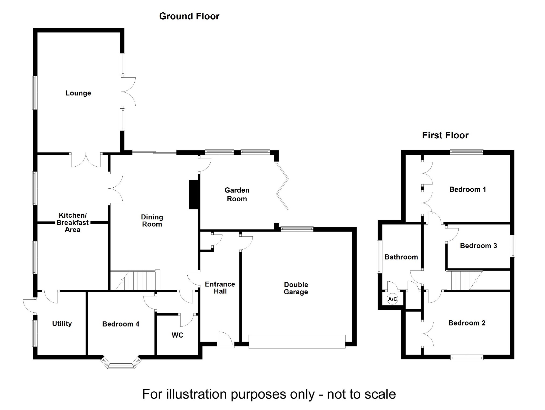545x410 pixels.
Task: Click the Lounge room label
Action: click(x=78, y=93)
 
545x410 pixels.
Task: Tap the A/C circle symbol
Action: click(x=392, y=299)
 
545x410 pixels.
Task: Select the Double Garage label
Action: click(x=296, y=288)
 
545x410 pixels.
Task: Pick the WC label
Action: click(x=177, y=335)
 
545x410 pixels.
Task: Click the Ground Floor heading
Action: click(x=189, y=16)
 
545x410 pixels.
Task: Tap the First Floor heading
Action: click(x=445, y=135)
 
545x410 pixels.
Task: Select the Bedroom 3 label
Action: click(x=478, y=246)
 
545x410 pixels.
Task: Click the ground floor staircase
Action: click(x=137, y=280)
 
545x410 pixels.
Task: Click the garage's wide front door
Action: click(x=297, y=342)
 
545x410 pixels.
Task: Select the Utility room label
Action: click(x=62, y=324)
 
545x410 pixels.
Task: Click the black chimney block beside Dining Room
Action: click(x=194, y=194)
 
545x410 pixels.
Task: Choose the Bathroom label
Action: click(x=401, y=257)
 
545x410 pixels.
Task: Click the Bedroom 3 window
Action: click(x=513, y=246)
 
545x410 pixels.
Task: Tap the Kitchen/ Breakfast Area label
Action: click(x=73, y=222)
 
